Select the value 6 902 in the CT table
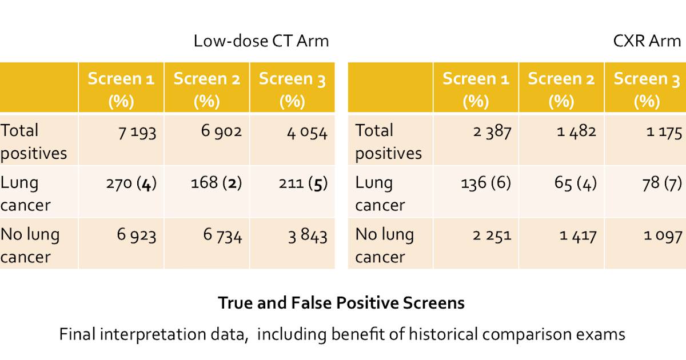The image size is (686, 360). click(x=221, y=131)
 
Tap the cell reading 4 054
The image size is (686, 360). click(x=308, y=133)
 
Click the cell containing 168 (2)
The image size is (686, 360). click(x=216, y=184)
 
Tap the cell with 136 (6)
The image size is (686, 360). click(x=485, y=184)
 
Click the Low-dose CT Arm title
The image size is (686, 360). click(x=261, y=42)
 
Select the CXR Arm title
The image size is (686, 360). click(x=646, y=42)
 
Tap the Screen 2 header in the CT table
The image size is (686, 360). click(x=207, y=89)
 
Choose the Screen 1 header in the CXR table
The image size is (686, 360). click(x=476, y=89)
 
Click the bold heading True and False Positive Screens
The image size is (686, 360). click(x=341, y=303)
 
